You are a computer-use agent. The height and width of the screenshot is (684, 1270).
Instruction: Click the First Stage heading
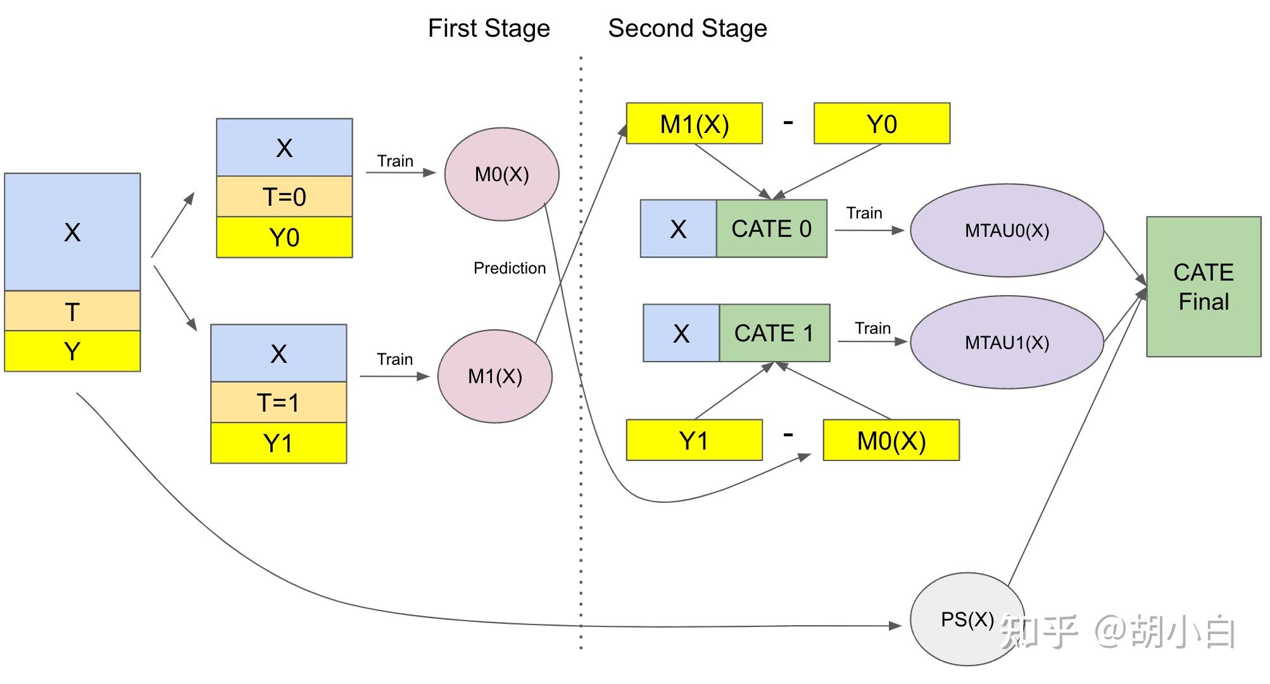[x=489, y=28]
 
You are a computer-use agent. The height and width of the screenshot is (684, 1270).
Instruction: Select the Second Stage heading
[x=688, y=28]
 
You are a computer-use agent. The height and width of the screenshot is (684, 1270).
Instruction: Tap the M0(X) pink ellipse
[x=501, y=174]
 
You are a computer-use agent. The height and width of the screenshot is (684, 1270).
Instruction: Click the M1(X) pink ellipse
[x=494, y=376]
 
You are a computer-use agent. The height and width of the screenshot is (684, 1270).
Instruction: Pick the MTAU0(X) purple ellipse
[x=1007, y=231]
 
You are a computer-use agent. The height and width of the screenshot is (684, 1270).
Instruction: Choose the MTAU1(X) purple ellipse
[x=1007, y=343]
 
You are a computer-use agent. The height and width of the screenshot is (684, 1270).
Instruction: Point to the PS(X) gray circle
[x=967, y=619]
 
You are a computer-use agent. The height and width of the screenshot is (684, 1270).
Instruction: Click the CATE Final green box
[x=1203, y=287]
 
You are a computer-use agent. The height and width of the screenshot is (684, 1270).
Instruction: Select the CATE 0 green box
[x=771, y=229]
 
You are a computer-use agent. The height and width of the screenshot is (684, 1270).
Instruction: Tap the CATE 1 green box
[x=774, y=333]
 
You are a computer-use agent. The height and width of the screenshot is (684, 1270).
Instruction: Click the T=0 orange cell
[x=284, y=197]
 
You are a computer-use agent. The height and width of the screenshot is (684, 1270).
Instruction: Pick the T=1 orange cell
[x=278, y=402]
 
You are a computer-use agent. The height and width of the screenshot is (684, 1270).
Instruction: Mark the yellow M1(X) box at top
[x=694, y=123]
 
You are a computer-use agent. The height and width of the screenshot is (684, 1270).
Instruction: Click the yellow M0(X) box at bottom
[x=891, y=440]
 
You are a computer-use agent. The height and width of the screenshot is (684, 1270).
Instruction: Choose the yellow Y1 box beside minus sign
[x=694, y=440]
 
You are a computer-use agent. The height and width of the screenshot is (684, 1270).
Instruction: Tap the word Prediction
[x=509, y=268]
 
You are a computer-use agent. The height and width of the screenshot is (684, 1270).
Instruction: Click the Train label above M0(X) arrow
[x=395, y=161]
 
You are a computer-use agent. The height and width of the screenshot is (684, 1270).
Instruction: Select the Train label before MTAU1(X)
[x=872, y=328]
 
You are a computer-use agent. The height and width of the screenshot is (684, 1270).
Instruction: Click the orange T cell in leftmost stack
[x=72, y=311]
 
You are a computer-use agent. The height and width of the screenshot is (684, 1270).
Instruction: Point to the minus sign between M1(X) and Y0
[x=788, y=122]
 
